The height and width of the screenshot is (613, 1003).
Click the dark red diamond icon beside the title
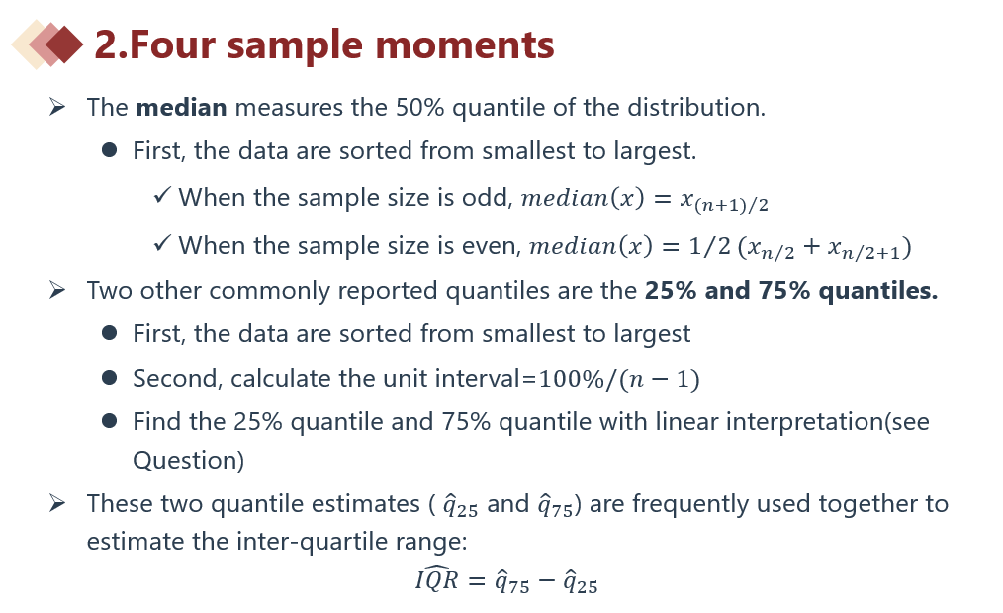65,44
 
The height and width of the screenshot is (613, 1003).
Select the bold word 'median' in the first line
182,108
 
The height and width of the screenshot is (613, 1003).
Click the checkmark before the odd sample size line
162,195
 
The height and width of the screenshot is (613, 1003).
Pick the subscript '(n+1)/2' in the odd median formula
731,205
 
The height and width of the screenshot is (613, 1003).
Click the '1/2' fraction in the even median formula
710,246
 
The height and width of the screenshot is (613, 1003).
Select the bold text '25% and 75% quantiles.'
791,291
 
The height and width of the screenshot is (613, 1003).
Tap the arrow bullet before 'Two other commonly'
57,290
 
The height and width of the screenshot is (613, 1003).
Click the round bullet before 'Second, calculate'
110,377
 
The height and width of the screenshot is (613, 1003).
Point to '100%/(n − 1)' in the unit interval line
619,379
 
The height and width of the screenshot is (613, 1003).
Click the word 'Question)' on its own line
189,460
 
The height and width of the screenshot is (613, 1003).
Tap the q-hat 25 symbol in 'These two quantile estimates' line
461,505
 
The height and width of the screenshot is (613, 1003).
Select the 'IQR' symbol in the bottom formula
437,578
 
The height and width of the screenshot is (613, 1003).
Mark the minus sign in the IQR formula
546,581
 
